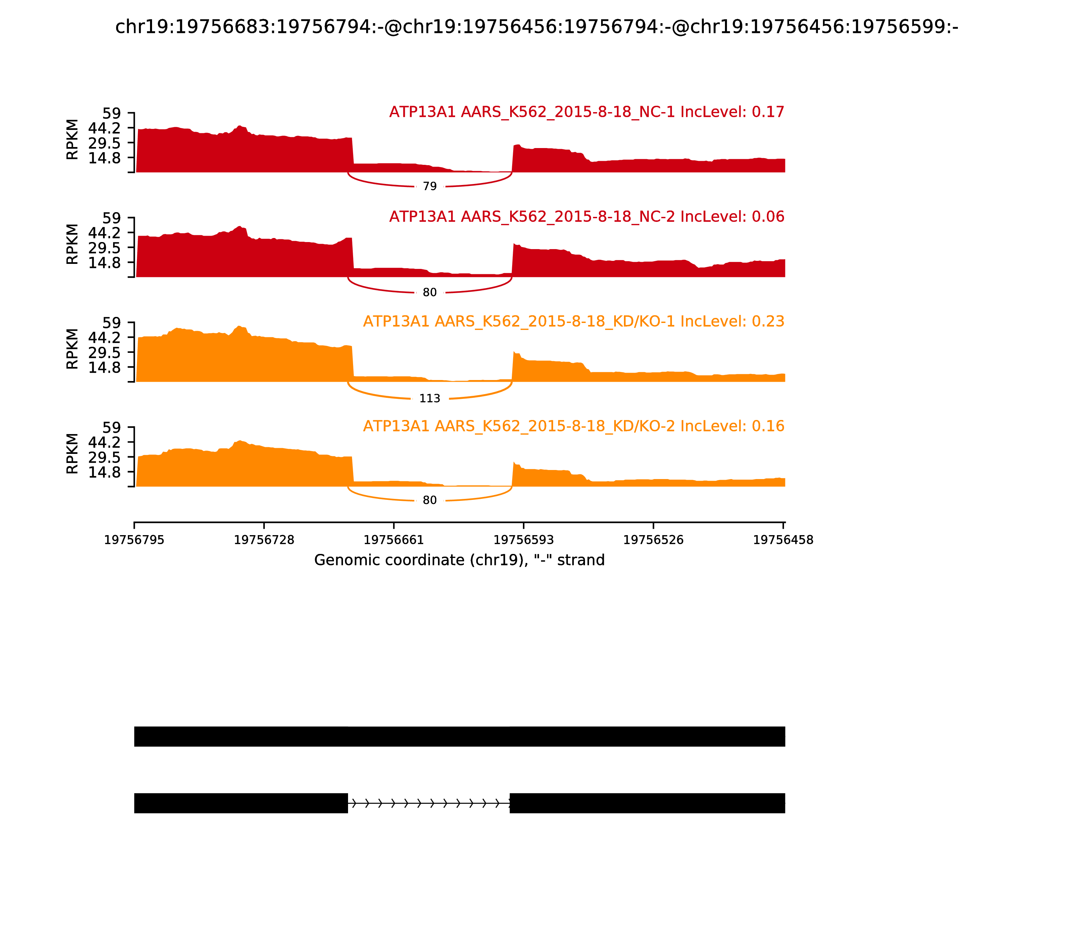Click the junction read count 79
point(430,186)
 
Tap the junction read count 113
point(430,399)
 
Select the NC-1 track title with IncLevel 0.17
point(586,112)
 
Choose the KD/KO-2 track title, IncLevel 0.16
point(574,426)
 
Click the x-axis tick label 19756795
point(134,540)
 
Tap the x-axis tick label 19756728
point(264,540)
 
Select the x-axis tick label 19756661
point(394,540)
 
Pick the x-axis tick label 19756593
point(523,540)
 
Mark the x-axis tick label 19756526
point(653,540)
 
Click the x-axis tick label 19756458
point(783,540)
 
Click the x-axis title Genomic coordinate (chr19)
point(459,560)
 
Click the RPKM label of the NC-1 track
point(72,140)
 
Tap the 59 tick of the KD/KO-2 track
point(111,427)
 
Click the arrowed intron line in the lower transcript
point(429,803)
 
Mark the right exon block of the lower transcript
point(647,803)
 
